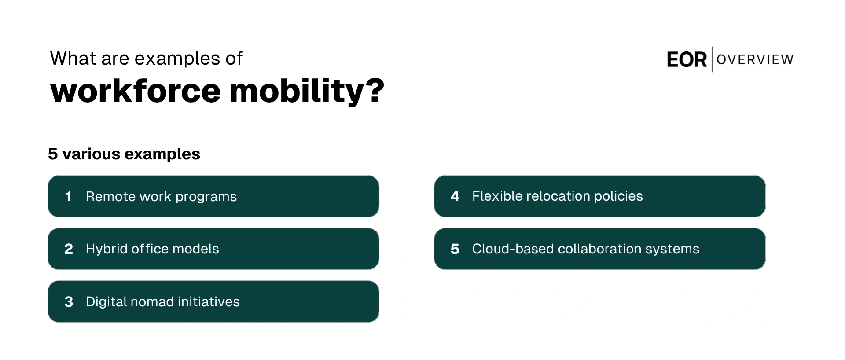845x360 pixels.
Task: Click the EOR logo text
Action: point(687,60)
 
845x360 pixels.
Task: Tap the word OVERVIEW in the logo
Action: point(755,59)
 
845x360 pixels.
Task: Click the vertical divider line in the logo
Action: point(712,59)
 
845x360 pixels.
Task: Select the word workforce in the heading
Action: point(136,91)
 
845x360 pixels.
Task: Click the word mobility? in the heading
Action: point(307,91)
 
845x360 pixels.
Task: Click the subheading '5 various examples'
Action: point(124,154)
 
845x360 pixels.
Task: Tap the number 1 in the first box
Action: point(68,196)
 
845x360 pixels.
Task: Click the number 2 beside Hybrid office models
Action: point(69,249)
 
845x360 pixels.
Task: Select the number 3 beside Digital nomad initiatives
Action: point(69,302)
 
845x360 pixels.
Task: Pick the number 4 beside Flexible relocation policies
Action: point(455,196)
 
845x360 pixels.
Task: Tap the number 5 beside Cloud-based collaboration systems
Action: point(455,249)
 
